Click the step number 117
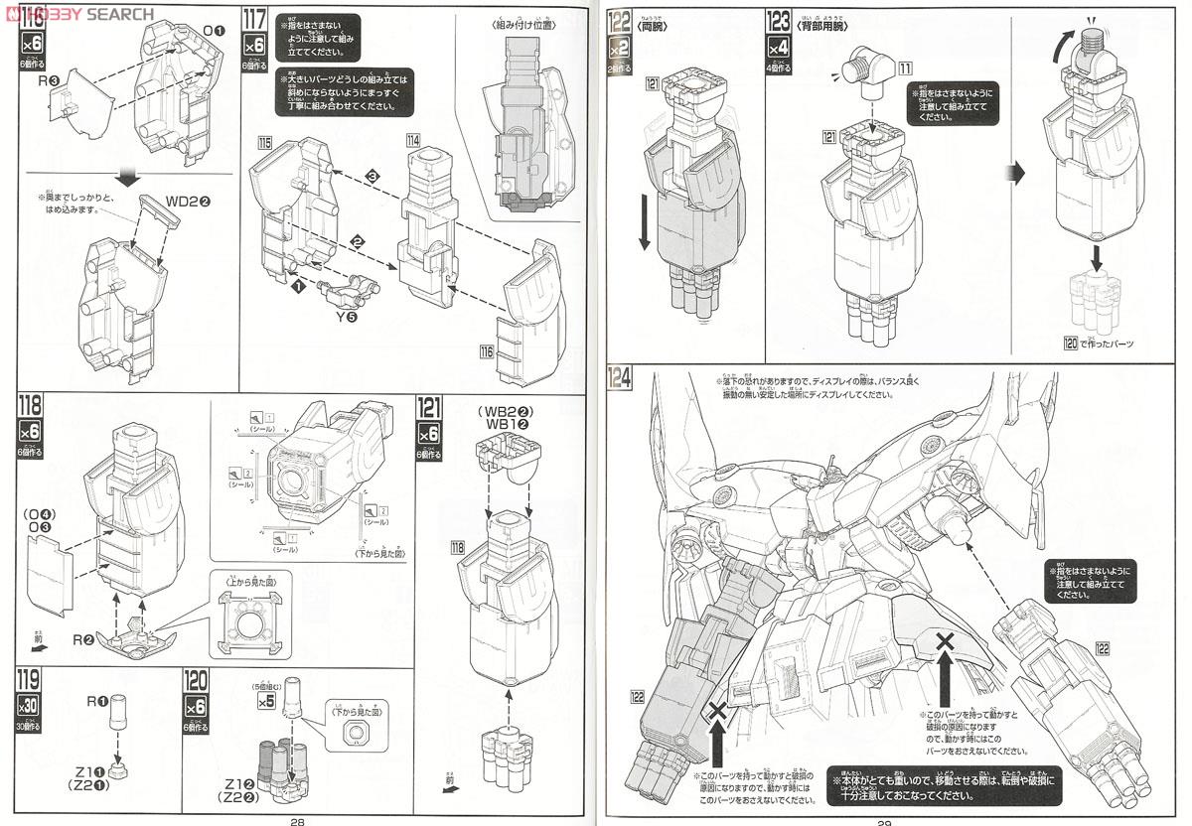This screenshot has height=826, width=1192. [253, 18]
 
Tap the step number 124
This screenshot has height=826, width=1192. [620, 378]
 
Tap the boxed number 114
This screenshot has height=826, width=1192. [413, 140]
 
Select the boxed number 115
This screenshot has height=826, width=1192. [265, 143]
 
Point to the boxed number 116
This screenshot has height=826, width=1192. [486, 351]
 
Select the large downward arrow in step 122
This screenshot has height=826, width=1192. [644, 222]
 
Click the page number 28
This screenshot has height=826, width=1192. [296, 819]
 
